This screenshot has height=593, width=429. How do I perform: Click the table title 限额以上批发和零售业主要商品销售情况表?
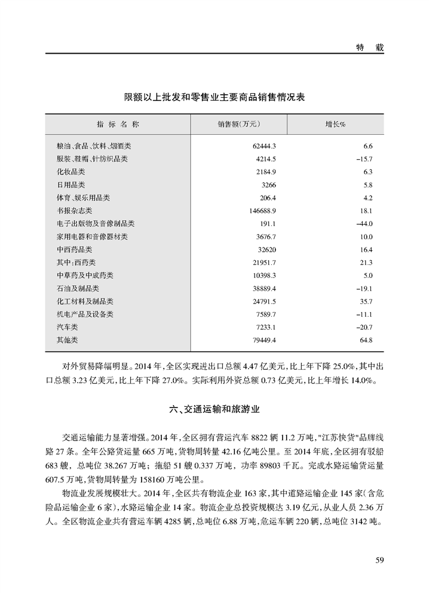214,97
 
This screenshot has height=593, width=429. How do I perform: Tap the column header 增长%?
335,124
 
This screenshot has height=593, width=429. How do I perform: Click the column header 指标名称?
118,124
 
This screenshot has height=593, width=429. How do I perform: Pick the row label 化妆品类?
71,172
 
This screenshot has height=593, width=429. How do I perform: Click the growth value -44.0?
363,224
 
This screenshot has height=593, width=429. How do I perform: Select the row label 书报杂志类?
75,211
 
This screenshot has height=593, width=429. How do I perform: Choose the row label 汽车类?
68,327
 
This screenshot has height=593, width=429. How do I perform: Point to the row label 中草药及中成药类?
85,275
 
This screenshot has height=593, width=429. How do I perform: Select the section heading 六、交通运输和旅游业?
214,410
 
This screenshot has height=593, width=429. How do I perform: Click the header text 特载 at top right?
366,47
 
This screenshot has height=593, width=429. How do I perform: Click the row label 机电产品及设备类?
85,314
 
